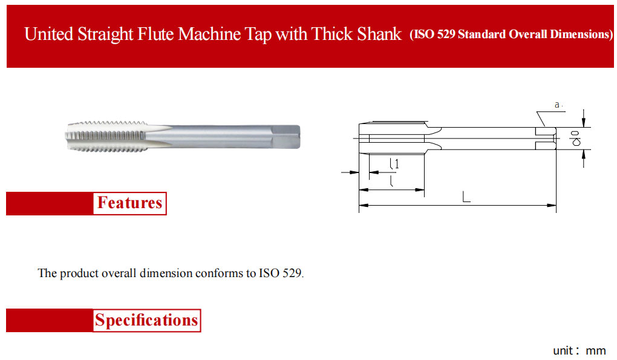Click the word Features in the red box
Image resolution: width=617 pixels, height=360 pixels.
coord(129,203)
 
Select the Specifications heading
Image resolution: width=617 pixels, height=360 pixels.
coord(146,320)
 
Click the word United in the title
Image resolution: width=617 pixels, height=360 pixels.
coord(49,34)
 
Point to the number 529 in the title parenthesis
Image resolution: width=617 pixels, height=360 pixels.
coord(446,34)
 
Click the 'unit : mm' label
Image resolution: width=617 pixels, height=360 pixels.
coord(579,350)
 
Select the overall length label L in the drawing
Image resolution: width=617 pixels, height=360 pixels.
coord(466,196)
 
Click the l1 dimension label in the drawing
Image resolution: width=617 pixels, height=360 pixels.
coord(394,163)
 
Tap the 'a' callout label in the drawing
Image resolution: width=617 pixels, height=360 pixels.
coord(557,105)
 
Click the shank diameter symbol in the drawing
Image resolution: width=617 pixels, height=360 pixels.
coord(576,139)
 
